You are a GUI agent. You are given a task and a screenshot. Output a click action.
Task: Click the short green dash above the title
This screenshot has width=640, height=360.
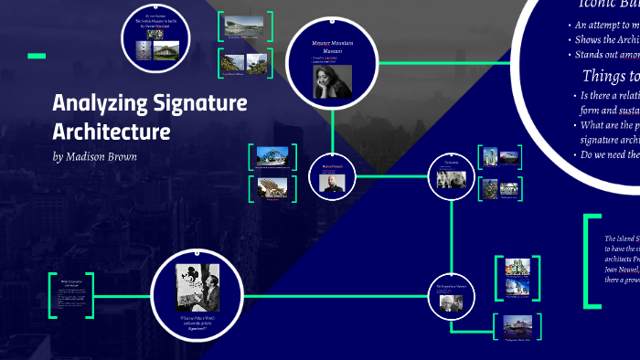[37, 57]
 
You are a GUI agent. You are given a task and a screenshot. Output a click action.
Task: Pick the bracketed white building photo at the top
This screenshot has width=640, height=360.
[244, 26]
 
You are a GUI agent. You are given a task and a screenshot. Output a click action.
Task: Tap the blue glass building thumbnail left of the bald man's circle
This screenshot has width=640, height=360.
[270, 157]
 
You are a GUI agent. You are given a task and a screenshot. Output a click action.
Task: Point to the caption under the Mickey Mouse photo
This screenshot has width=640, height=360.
[197, 322]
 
